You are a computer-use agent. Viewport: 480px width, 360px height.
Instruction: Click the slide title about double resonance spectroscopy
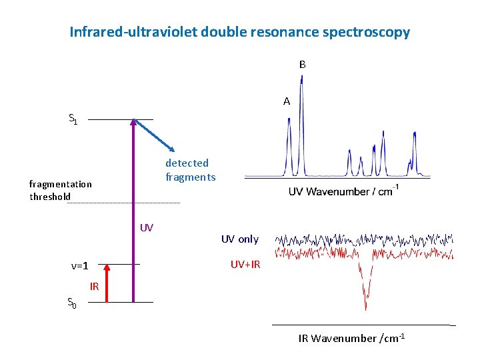click(x=240, y=32)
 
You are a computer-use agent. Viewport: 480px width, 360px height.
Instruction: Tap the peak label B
click(x=302, y=65)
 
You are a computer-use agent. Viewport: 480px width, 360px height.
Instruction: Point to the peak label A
click(x=287, y=101)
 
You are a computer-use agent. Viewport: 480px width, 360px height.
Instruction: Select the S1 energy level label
click(x=73, y=119)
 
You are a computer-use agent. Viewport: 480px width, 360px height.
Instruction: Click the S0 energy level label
click(x=73, y=304)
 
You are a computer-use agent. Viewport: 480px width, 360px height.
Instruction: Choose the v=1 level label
click(x=80, y=266)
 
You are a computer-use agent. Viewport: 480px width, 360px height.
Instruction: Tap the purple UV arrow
click(x=133, y=213)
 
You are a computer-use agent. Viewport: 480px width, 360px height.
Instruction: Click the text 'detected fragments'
click(x=190, y=170)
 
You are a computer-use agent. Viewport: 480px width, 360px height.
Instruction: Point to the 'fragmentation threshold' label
click(x=60, y=190)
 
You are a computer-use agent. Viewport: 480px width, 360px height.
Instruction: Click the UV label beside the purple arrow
click(x=147, y=228)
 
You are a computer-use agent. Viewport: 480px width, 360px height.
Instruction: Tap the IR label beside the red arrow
click(x=95, y=287)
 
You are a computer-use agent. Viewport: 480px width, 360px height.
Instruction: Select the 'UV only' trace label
click(x=240, y=239)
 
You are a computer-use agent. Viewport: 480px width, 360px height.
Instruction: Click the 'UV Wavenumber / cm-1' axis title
click(x=343, y=192)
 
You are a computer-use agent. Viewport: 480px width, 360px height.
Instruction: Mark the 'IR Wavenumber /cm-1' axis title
click(x=352, y=338)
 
